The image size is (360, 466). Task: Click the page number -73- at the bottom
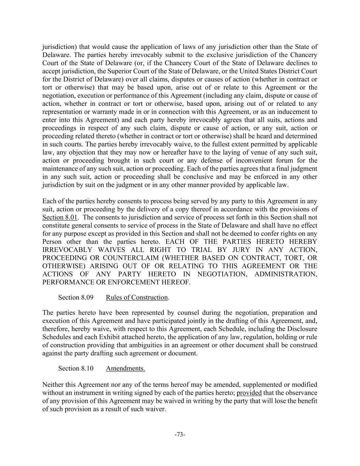[x=180, y=435]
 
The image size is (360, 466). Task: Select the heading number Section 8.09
[x=76, y=297]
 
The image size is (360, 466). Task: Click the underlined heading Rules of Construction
[x=137, y=297]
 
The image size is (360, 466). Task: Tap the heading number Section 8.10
[x=76, y=368]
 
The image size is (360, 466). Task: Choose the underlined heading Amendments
[x=125, y=368]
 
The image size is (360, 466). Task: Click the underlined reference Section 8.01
[x=60, y=217]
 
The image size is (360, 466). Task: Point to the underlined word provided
[x=249, y=393]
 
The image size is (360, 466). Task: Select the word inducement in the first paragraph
[x=290, y=112]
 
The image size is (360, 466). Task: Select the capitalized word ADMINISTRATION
[x=286, y=274]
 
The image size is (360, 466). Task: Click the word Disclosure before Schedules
[x=301, y=329]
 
